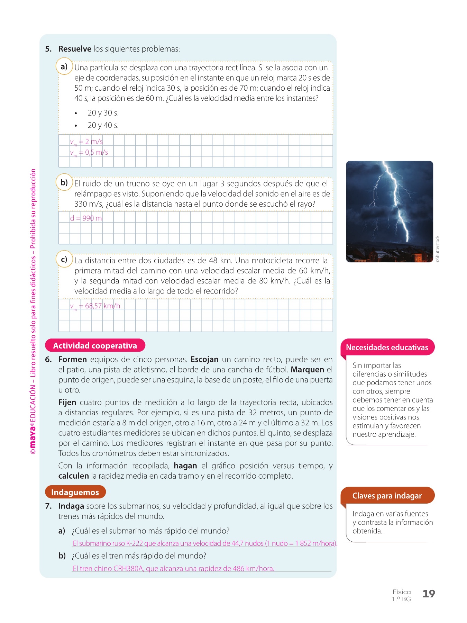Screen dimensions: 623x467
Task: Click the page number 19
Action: point(429,594)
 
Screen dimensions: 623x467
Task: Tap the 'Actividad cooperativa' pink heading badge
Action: point(95,345)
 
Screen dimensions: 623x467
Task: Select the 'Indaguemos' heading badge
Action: point(75,492)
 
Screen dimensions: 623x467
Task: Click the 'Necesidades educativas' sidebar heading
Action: point(387,347)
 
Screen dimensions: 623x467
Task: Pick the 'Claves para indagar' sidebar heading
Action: point(387,496)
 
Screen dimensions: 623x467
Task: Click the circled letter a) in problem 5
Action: point(64,67)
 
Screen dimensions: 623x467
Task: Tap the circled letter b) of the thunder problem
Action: point(64,182)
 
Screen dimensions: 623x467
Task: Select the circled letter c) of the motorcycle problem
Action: point(64,259)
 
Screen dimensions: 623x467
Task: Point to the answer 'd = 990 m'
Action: point(86,218)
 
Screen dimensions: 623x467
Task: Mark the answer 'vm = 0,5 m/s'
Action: point(89,152)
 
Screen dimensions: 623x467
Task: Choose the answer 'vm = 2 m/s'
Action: point(86,142)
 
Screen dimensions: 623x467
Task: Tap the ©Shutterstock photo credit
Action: point(437,249)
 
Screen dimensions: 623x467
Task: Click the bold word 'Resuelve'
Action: point(75,49)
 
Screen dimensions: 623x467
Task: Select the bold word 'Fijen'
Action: point(67,402)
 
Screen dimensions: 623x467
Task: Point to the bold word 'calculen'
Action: point(73,476)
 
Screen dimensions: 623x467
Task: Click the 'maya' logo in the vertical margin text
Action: point(33,436)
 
